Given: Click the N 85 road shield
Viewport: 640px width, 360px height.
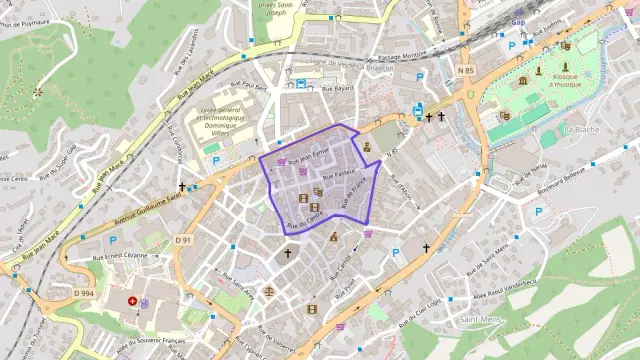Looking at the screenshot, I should tap(466, 70).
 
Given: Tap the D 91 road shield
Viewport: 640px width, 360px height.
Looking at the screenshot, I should tap(183, 240).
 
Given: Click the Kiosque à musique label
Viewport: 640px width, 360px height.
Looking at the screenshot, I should tap(565, 80).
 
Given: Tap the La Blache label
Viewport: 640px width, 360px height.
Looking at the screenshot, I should tap(581, 129).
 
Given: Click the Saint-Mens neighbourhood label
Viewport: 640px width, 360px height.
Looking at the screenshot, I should tap(481, 320).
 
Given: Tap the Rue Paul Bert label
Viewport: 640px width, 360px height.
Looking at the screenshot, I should tap(249, 87).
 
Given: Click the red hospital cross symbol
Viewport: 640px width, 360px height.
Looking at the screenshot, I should tap(132, 301).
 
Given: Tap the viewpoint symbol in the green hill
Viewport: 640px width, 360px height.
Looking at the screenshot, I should tap(38, 92).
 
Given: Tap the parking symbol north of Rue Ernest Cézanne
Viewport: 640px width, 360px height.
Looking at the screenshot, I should tap(113, 240).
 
